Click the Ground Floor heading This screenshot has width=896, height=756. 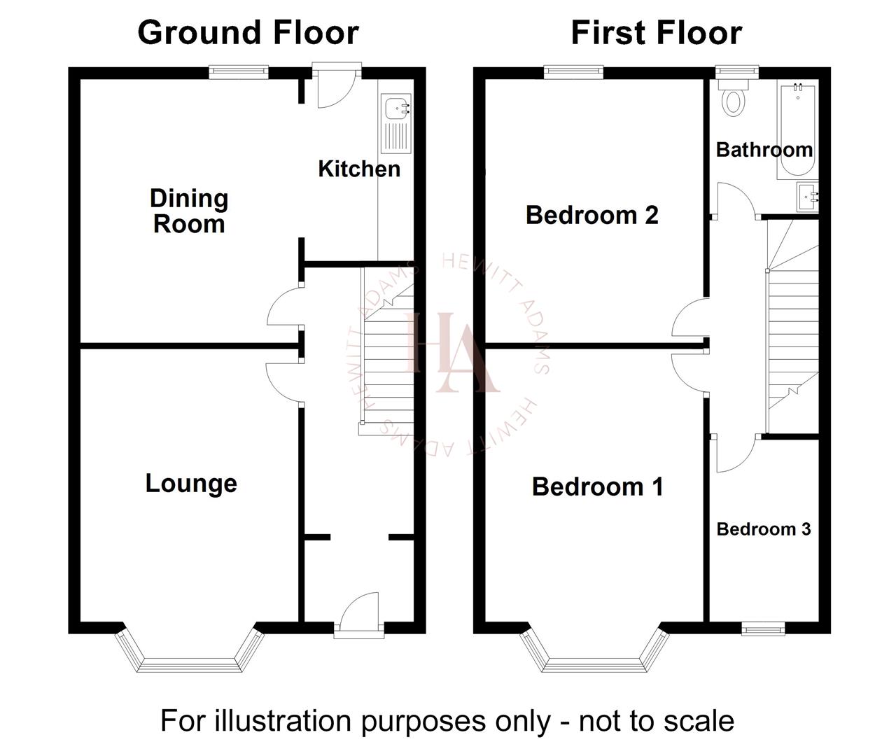(248, 33)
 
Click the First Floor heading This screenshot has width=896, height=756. (656, 33)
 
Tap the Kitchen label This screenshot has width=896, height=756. (359, 169)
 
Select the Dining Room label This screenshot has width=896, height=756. (189, 211)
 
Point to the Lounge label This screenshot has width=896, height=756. (191, 483)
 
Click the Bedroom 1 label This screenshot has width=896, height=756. (597, 486)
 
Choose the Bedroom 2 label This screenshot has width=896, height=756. (591, 215)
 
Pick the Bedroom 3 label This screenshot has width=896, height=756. (763, 529)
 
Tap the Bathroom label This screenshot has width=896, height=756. (764, 150)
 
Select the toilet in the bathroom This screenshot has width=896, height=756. (733, 98)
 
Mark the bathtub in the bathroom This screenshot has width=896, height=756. (797, 129)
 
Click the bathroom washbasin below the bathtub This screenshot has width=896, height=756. (808, 197)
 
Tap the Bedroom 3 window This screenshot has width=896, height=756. (763, 629)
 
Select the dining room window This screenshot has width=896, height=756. (239, 70)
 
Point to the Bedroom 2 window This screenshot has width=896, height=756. (574, 70)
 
